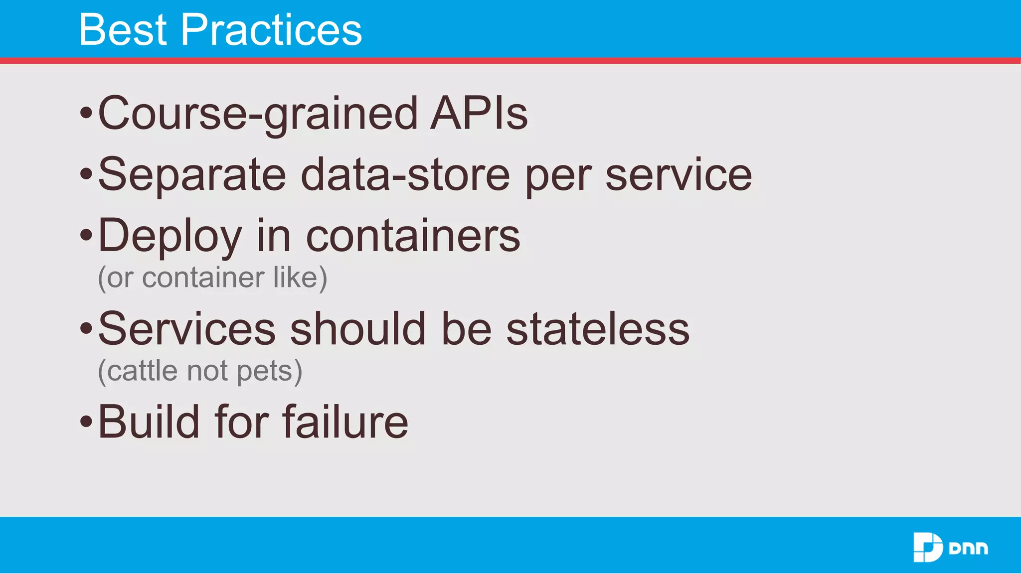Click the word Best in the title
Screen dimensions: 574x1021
pyautogui.click(x=123, y=30)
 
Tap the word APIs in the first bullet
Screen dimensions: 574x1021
pyautogui.click(x=479, y=114)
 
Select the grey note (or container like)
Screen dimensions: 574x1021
pyautogui.click(x=212, y=278)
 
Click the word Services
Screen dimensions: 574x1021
pyautogui.click(x=186, y=329)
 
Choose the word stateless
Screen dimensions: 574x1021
pyautogui.click(x=598, y=329)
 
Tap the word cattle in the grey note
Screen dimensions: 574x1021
pyautogui.click(x=143, y=371)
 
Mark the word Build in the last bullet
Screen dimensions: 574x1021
pyautogui.click(x=149, y=422)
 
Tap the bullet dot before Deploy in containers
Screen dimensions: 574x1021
pyautogui.click(x=86, y=235)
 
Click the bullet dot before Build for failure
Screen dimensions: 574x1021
pyautogui.click(x=86, y=422)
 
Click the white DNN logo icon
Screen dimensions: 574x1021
pyautogui.click(x=927, y=547)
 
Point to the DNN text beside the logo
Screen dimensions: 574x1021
pyautogui.click(x=968, y=549)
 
